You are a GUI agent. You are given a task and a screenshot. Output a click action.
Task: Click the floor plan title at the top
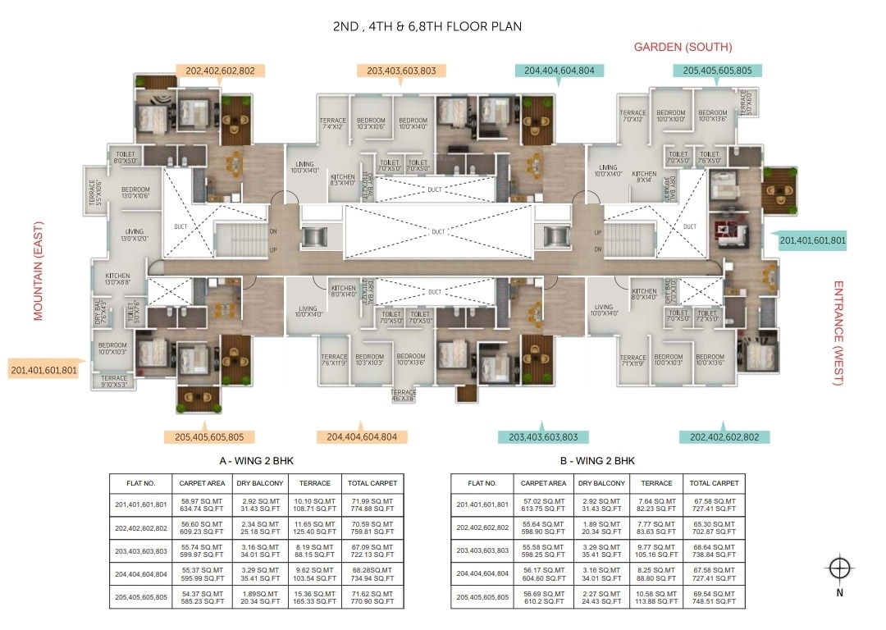pyautogui.click(x=427, y=26)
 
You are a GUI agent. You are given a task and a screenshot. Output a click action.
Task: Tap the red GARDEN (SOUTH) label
pyautogui.click(x=683, y=47)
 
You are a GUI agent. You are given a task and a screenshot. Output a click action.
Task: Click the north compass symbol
pyautogui.click(x=838, y=568)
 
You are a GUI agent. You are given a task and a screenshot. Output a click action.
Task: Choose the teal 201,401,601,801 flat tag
pyautogui.click(x=811, y=241)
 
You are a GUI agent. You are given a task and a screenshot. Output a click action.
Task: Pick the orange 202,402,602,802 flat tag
pyautogui.click(x=220, y=71)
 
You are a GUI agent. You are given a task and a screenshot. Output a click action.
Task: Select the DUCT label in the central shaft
pyautogui.click(x=438, y=232)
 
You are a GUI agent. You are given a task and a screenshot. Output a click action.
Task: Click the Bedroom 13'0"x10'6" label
pyautogui.click(x=135, y=192)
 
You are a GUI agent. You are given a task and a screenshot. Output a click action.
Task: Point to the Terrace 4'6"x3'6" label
pyautogui.click(x=404, y=395)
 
